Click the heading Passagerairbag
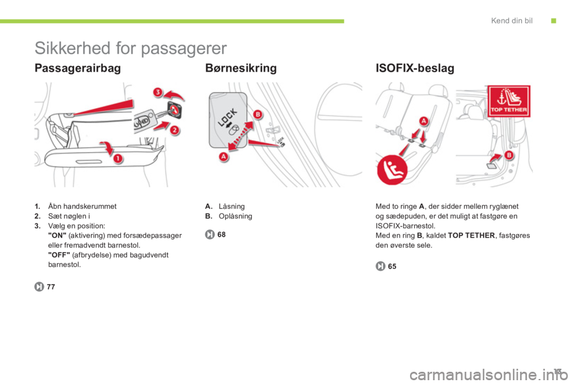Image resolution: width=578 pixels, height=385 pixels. pos(78,68)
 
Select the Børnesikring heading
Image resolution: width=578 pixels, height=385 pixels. pos(241,68)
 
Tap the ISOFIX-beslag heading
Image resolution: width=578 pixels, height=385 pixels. pos(415,68)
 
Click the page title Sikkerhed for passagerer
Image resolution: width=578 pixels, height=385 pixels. pos(131,48)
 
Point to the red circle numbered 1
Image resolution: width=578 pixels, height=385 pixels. pos(117,158)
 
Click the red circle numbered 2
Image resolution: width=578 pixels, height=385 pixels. pos(175,130)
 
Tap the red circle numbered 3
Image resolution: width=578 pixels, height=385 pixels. pos(158,91)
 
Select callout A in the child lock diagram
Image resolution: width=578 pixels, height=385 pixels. pos(223,156)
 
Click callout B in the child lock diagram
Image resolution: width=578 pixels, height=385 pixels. pos(258,114)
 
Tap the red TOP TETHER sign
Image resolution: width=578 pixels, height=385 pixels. pos(509,101)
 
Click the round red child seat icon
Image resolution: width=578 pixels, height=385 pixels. pos(392,170)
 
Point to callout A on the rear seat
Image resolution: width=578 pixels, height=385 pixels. pos(423,121)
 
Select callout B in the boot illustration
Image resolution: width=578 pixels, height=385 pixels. pos(509,155)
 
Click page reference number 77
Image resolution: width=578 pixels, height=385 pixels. pos(51,286)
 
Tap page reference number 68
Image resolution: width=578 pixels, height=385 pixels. pos(221,235)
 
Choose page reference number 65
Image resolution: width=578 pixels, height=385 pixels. pos(392,266)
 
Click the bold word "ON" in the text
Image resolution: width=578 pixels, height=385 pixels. pos(57,235)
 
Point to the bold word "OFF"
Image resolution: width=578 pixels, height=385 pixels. pos(59,255)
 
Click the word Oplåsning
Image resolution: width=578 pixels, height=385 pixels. pos(235,217)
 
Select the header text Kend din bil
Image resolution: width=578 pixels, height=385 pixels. pos(512,20)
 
